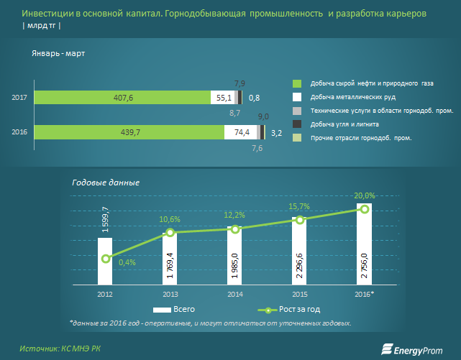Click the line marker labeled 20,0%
[364, 208]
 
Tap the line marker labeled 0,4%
[106, 259]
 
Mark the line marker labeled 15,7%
[299, 220]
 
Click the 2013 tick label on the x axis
[170, 294]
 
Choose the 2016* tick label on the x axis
[364, 294]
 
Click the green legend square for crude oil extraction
[297, 83]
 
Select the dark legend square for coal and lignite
[297, 124]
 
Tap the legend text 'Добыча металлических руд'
[352, 97]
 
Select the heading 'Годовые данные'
[106, 183]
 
